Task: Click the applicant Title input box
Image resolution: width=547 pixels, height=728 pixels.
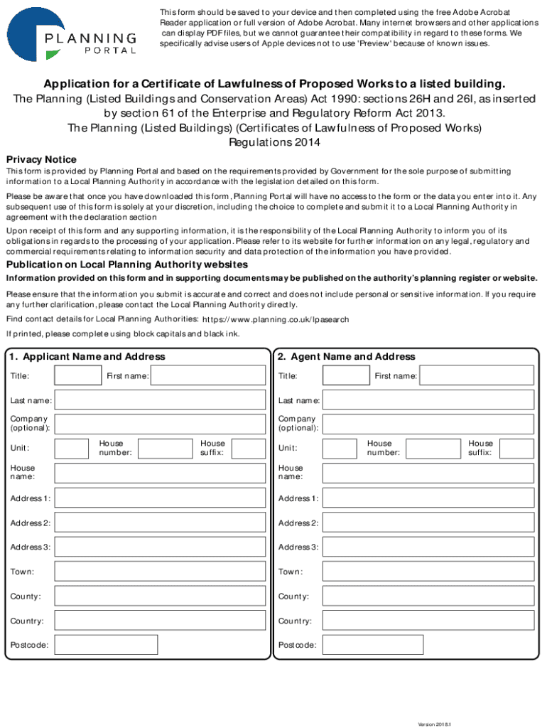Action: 78,375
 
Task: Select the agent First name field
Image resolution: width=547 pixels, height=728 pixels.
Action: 476,375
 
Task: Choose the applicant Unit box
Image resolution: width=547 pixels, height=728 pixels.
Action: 72,448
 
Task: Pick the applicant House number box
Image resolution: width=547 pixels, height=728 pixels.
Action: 164,448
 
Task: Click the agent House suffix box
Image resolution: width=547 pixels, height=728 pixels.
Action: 516,448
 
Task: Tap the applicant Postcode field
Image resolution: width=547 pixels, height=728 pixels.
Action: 106,645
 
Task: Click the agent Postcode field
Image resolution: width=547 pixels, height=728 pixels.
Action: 373,645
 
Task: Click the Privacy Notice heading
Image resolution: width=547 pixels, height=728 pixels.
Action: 41,159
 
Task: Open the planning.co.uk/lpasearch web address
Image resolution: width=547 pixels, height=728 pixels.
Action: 276,320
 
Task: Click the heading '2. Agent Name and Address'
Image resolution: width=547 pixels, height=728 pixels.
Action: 347,356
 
